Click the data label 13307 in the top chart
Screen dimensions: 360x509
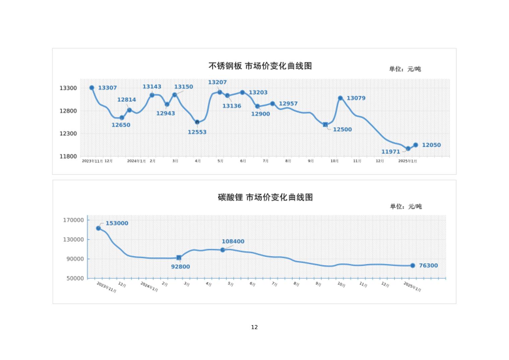coord(107,88)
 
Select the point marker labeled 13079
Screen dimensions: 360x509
coord(340,98)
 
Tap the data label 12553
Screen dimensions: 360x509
coord(197,132)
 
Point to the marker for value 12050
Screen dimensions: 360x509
coord(416,145)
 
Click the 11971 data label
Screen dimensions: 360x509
coord(390,152)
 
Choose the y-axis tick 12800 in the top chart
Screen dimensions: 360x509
coord(68,111)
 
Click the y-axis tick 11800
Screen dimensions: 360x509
coord(68,156)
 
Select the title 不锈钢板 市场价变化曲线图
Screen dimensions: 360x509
coord(260,66)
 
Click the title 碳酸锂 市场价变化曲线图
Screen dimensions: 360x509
coord(265,197)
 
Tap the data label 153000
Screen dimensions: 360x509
coord(117,223)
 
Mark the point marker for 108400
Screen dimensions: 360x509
coord(223,250)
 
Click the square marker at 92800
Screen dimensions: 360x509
coord(179,258)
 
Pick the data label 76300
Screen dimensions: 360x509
coord(428,265)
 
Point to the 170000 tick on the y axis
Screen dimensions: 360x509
coord(73,220)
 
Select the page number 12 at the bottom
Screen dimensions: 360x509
coord(254,327)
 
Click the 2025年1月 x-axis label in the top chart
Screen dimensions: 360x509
coord(408,161)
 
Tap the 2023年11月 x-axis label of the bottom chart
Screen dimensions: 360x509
coord(106,287)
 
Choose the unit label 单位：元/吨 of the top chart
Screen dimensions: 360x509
coord(405,69)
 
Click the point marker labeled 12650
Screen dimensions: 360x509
coord(122,118)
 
